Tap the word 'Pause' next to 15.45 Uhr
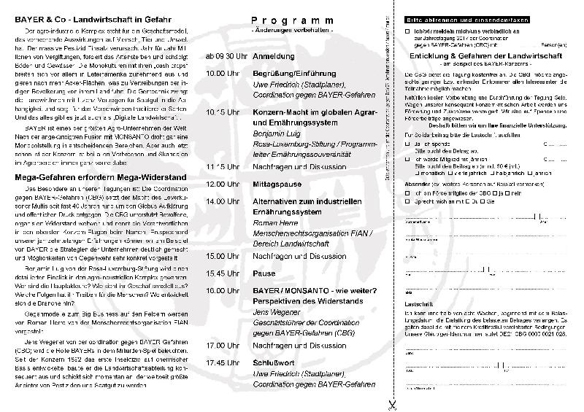pyautogui.click(x=264, y=273)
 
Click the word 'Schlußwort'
pyautogui.click(x=272, y=362)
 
